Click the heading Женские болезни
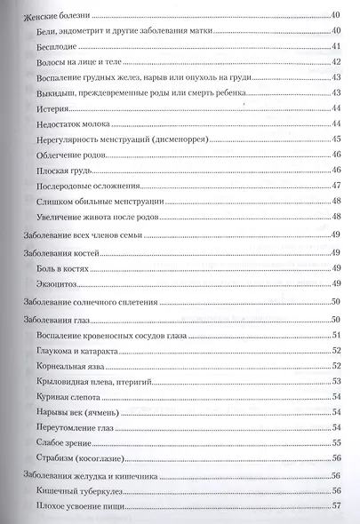point(54,16)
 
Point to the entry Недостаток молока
point(75,123)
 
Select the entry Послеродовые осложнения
point(88,185)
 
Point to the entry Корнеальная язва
point(73,365)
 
